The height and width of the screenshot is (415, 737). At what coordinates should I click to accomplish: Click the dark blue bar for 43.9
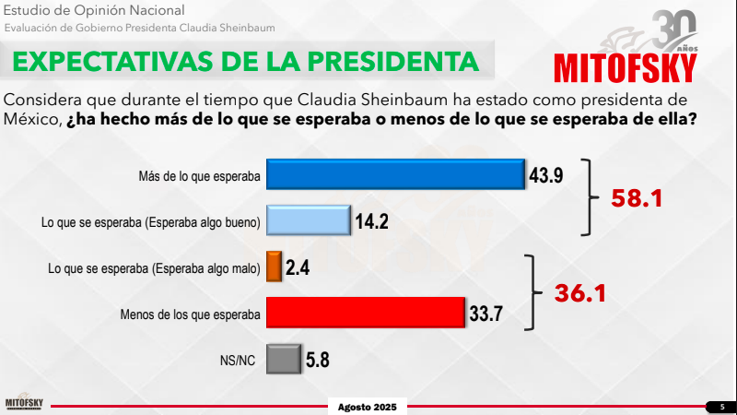(x=395, y=174)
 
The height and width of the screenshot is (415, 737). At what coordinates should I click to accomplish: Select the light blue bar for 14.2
(x=309, y=220)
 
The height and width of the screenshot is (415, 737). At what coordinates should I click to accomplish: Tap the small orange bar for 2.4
(x=274, y=267)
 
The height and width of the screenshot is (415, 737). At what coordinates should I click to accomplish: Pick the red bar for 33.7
(x=366, y=313)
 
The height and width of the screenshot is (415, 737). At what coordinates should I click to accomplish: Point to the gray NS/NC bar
(x=284, y=359)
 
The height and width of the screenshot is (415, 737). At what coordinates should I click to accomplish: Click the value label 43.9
(x=545, y=175)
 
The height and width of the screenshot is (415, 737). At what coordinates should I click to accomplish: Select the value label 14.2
(x=371, y=221)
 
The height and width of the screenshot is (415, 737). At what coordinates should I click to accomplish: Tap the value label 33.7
(x=486, y=314)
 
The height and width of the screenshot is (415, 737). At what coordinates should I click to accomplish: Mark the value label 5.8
(x=318, y=360)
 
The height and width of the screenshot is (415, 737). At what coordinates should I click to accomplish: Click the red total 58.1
(x=637, y=198)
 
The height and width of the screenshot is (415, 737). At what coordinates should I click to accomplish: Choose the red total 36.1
(x=580, y=293)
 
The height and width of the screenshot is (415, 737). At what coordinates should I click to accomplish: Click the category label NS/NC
(x=238, y=361)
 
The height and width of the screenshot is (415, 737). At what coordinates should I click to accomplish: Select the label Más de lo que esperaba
(x=199, y=176)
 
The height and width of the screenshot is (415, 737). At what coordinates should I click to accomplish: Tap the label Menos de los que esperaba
(x=191, y=314)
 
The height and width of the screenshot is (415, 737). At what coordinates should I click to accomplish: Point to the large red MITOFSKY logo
(x=626, y=68)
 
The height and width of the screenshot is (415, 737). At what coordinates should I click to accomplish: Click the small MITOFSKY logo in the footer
(x=24, y=402)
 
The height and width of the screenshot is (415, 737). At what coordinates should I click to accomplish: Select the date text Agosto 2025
(x=367, y=407)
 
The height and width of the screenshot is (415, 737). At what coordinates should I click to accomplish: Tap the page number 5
(x=722, y=407)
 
